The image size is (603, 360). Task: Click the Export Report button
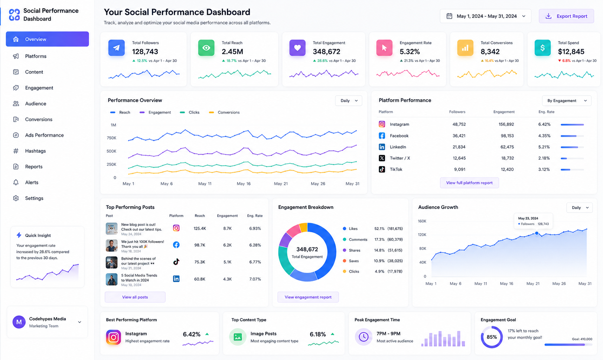[566, 16]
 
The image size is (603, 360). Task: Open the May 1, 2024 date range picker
[485, 16]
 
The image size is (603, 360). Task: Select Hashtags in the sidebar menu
[35, 151]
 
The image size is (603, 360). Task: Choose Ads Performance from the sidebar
[44, 135]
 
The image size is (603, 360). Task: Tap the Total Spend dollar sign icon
[542, 48]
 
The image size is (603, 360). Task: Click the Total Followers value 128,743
[145, 51]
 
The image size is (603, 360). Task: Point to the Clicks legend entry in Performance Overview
[189, 112]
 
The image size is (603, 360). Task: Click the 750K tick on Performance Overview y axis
[111, 138]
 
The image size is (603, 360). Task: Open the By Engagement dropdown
[566, 101]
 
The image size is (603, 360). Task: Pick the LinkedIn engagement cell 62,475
[507, 147]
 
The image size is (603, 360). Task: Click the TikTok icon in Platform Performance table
[382, 169]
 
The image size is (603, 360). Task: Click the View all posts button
[135, 297]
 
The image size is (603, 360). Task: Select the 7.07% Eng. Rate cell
[255, 279]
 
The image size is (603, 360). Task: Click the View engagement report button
[308, 297]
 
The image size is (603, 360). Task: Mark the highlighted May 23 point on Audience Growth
[537, 233]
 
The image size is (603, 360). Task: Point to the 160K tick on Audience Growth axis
[422, 221]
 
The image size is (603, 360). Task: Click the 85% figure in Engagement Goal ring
[492, 337]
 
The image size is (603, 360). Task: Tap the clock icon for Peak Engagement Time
[364, 337]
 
